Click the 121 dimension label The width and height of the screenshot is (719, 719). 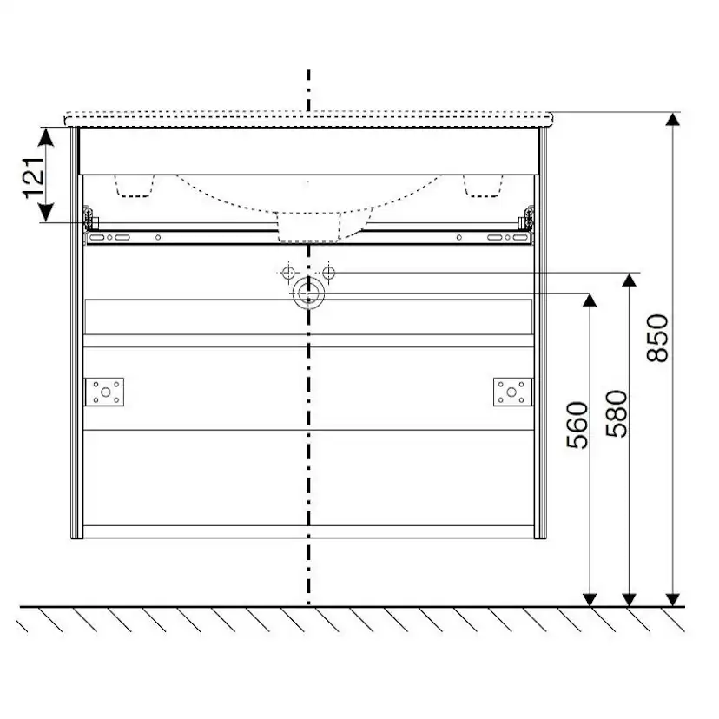35,178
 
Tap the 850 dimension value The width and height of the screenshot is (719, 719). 657,338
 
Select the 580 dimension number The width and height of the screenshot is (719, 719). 617,413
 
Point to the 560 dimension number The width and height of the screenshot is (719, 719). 577,425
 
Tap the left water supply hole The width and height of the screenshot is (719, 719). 288,273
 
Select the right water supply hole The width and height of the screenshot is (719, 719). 328,273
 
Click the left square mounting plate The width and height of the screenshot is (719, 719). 105,392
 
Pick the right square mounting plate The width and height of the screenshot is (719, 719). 512,392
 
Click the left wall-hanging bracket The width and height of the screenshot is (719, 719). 90,219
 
